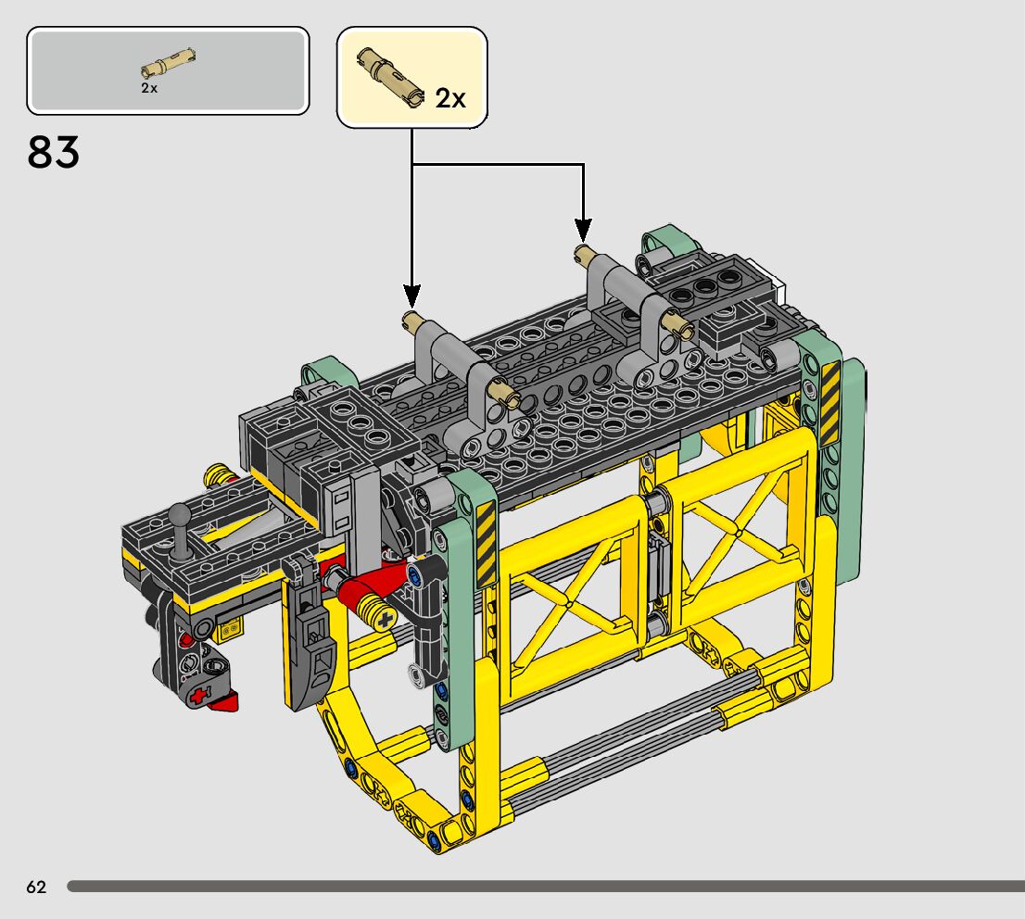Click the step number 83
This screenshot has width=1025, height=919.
point(54,152)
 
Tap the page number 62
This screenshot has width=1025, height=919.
point(37,887)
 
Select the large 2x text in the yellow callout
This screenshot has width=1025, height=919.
point(450,99)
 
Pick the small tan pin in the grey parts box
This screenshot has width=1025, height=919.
point(169,64)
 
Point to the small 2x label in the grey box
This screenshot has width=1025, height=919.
point(149,88)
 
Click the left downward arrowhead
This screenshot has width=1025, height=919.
point(411,296)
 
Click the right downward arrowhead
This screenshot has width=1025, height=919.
point(583,230)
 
